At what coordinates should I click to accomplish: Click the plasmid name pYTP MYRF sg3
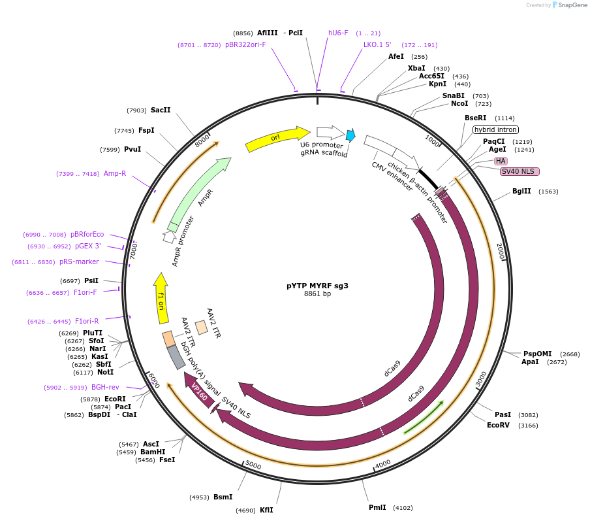point(317,286)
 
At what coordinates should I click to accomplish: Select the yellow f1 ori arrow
point(161,299)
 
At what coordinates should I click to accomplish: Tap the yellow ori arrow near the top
point(277,139)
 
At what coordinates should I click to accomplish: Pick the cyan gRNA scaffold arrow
point(350,135)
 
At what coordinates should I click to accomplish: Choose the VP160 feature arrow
point(198,390)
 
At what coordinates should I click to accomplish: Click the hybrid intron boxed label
point(495,129)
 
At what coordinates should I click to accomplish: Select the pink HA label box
point(501,161)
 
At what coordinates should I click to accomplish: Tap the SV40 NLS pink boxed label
point(520,171)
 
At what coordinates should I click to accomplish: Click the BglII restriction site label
point(521,191)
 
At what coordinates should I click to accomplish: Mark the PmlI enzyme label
point(377,507)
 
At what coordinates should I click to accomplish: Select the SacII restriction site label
point(161,110)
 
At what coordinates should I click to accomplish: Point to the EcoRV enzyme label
point(498,426)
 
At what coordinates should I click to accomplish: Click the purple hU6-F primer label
point(338,33)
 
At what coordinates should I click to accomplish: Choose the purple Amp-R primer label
point(115,173)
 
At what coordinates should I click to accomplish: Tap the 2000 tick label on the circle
point(500,251)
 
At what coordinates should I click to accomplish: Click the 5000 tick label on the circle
point(253,465)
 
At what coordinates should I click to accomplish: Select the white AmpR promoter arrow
point(169,237)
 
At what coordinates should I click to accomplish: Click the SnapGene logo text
point(572,5)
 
